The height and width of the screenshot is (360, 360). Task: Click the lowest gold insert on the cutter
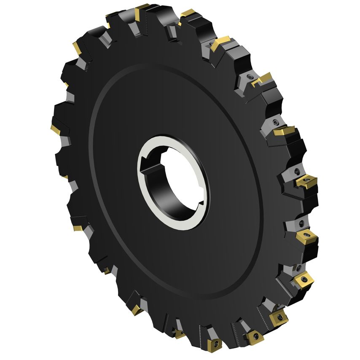pyautogui.click(x=215, y=344)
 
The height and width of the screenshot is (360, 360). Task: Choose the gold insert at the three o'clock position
pyautogui.click(x=306, y=182)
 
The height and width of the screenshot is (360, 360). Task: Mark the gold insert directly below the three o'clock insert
pyautogui.click(x=306, y=237)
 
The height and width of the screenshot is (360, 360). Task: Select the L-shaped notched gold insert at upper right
pyautogui.click(x=261, y=79)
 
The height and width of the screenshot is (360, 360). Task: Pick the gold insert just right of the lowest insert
pyautogui.click(x=254, y=336)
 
